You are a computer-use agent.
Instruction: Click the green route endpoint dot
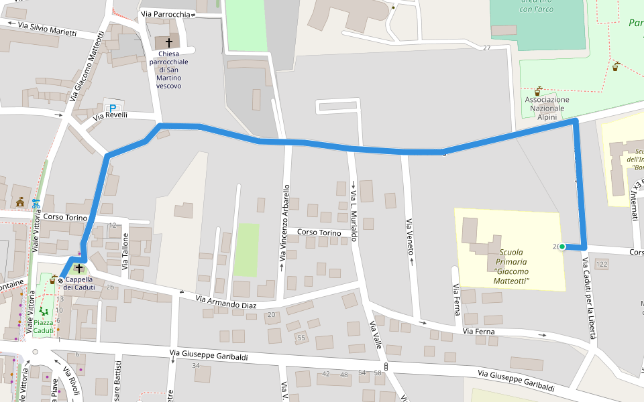562,247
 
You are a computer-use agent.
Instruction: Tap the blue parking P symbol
113,109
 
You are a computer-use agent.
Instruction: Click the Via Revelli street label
110,116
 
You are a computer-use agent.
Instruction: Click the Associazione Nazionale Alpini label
547,108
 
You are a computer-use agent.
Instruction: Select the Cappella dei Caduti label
78,283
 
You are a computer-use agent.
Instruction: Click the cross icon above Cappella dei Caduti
78,268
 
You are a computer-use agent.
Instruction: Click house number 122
601,265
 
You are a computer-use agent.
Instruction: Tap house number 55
301,338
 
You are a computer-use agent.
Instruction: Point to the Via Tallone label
124,251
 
